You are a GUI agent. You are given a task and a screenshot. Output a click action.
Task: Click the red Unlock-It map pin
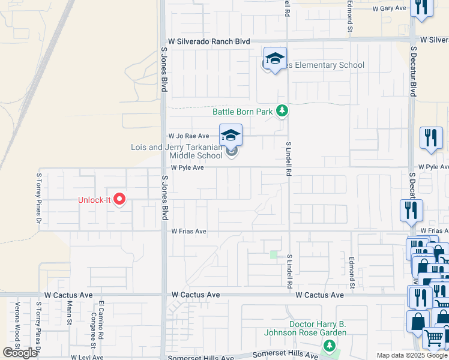119,199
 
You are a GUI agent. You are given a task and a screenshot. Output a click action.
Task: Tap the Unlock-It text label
95,200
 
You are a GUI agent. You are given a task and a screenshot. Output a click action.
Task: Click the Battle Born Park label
243,112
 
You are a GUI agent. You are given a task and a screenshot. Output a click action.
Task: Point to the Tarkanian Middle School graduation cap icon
231,136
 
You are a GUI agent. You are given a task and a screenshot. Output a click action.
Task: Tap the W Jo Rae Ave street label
188,136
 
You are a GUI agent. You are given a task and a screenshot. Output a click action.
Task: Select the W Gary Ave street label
390,8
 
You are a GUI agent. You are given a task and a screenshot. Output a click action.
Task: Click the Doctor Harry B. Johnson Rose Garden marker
328,346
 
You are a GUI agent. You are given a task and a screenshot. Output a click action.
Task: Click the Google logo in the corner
20,353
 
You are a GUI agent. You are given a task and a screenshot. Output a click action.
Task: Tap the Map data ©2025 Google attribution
412,355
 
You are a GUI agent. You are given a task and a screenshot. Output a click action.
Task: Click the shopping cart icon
433,338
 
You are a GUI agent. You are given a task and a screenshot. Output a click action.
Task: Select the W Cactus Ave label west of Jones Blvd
68,295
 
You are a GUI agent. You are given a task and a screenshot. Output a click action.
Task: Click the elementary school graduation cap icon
275,59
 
